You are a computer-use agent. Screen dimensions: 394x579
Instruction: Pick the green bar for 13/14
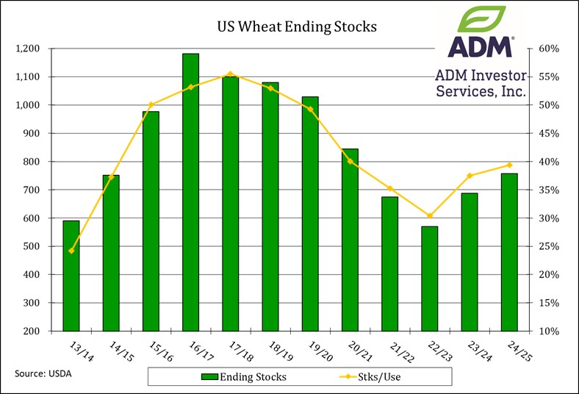[71, 276]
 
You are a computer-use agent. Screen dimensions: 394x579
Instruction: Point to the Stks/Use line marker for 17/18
[230, 74]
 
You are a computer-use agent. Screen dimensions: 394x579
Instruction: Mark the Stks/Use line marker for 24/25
[509, 165]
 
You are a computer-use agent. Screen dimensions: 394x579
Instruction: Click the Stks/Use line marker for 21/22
[389, 188]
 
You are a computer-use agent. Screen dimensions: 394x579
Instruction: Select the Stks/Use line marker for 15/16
[151, 104]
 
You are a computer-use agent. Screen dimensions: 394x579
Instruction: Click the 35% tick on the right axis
[547, 190]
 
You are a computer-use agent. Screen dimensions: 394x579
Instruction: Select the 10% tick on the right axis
[547, 331]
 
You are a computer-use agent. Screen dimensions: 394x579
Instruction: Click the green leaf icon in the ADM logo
[482, 20]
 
